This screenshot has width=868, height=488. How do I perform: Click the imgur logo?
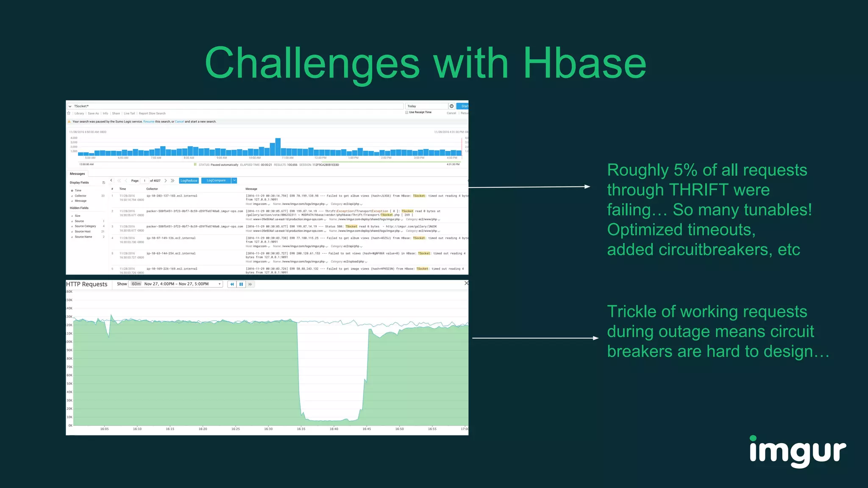tap(797, 452)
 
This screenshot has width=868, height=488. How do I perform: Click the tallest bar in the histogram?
tap(278, 147)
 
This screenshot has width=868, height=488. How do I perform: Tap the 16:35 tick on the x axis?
tap(301, 429)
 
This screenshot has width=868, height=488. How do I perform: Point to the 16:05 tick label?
tap(104, 429)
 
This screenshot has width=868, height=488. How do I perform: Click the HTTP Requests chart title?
tap(87, 284)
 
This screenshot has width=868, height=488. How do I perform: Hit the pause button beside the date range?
tap(241, 284)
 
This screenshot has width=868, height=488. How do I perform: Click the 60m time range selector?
tap(136, 284)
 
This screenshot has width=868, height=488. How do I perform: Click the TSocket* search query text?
tap(81, 106)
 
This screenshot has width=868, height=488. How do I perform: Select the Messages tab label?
tap(77, 174)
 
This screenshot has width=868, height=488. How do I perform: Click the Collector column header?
tap(152, 189)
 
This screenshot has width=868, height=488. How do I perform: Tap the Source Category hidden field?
tap(85, 226)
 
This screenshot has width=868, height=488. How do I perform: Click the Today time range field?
tap(426, 106)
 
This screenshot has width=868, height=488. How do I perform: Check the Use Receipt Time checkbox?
tap(407, 112)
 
